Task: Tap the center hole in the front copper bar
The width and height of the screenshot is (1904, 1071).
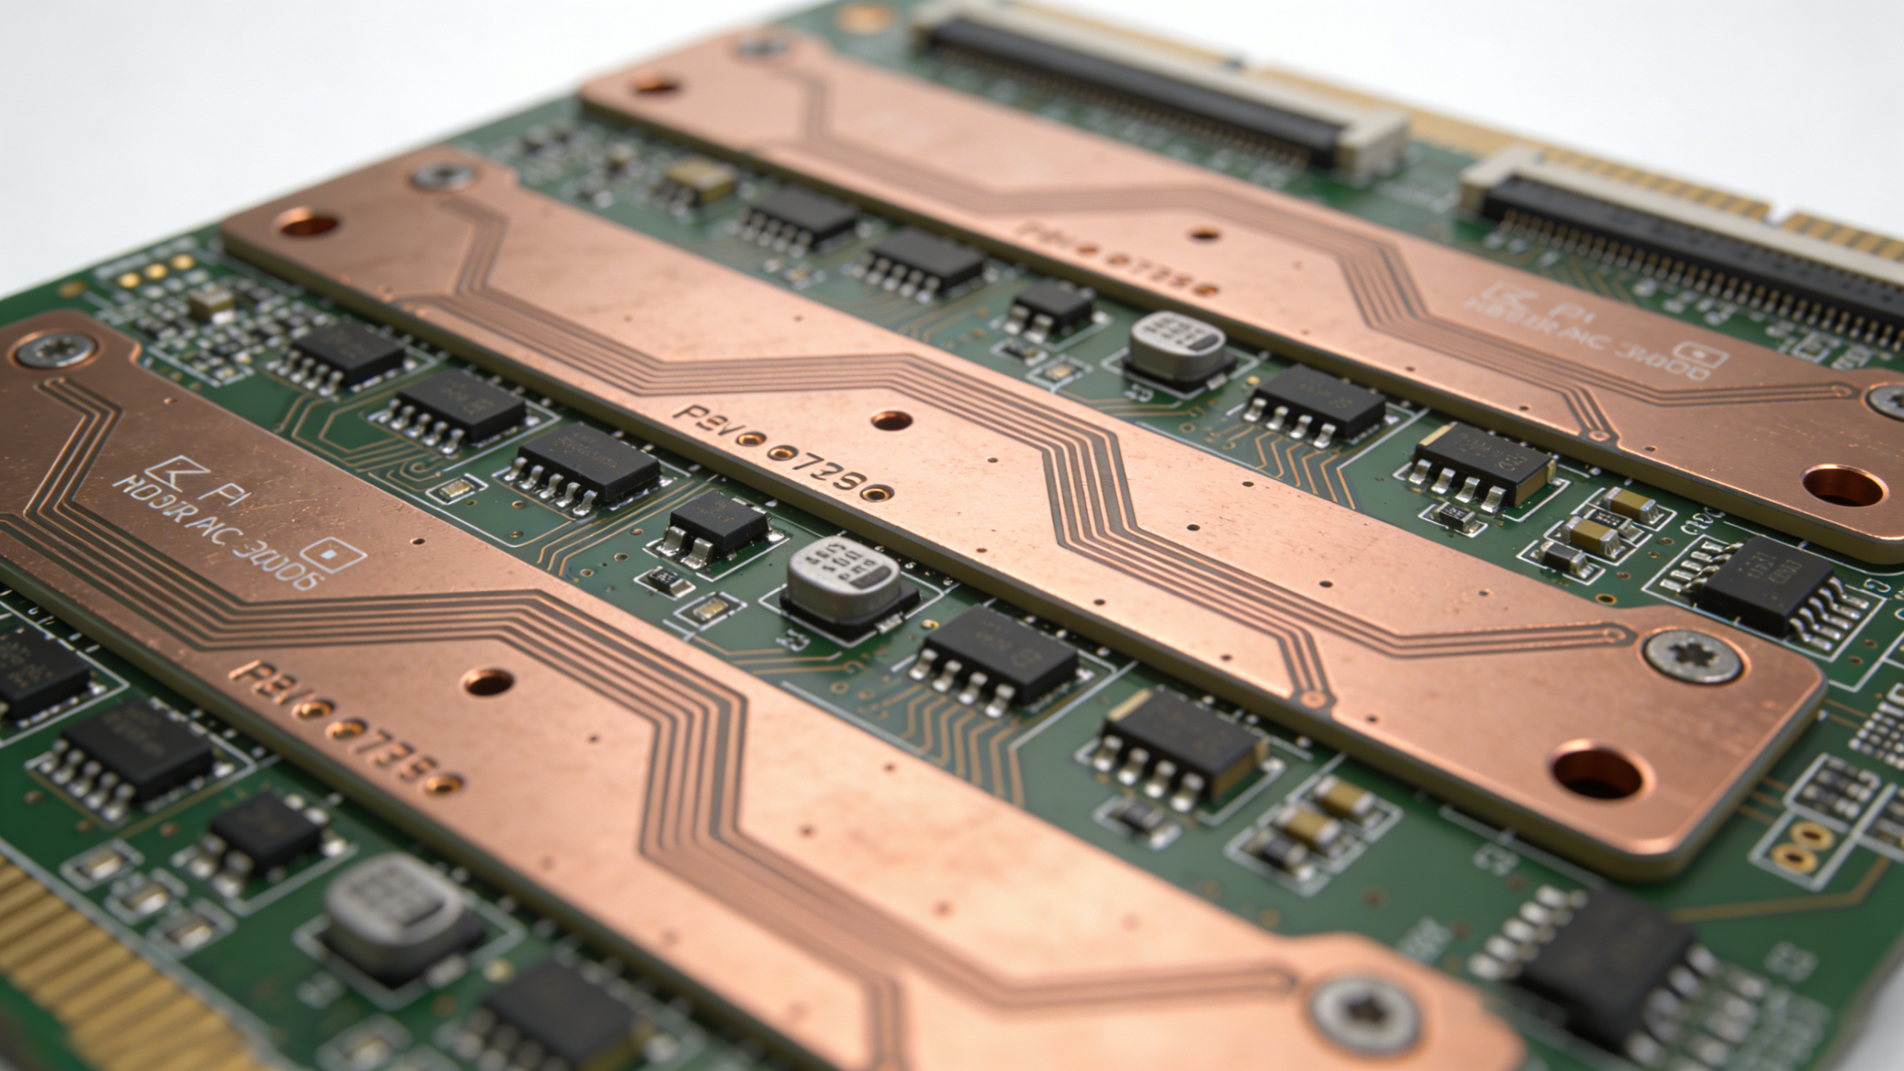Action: [487, 679]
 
